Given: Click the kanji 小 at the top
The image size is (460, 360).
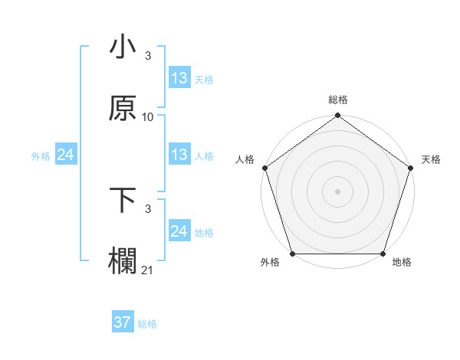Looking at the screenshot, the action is pos(123,47).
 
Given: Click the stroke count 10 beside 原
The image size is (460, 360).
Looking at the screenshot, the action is pos(148,117).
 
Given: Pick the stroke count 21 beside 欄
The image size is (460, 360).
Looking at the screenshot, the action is pos(148,270).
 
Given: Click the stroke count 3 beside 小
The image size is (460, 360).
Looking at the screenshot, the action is pos(148,56).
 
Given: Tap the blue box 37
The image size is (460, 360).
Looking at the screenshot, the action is pos(123,322).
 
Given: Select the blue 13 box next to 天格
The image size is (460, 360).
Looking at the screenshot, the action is pos(179,78).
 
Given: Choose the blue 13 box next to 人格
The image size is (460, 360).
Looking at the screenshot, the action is pos(179,155).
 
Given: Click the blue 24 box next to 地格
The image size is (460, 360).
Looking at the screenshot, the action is pos(179,231).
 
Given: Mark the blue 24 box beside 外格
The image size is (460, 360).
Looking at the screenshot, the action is pos(66,155).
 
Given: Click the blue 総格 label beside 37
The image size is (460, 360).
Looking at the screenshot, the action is pos(147,324).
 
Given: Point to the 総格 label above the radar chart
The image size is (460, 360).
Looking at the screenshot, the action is pos(338,100).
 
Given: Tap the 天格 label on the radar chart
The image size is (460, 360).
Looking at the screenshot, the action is pos(431,159).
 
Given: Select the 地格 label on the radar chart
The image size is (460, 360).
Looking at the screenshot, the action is pos(402,262).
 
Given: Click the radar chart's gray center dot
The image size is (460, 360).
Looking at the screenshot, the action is pos(337,191).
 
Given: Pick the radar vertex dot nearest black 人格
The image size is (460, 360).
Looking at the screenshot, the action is pos(264,167).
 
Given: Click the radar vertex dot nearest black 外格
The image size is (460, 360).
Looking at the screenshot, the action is pos(293,254).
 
